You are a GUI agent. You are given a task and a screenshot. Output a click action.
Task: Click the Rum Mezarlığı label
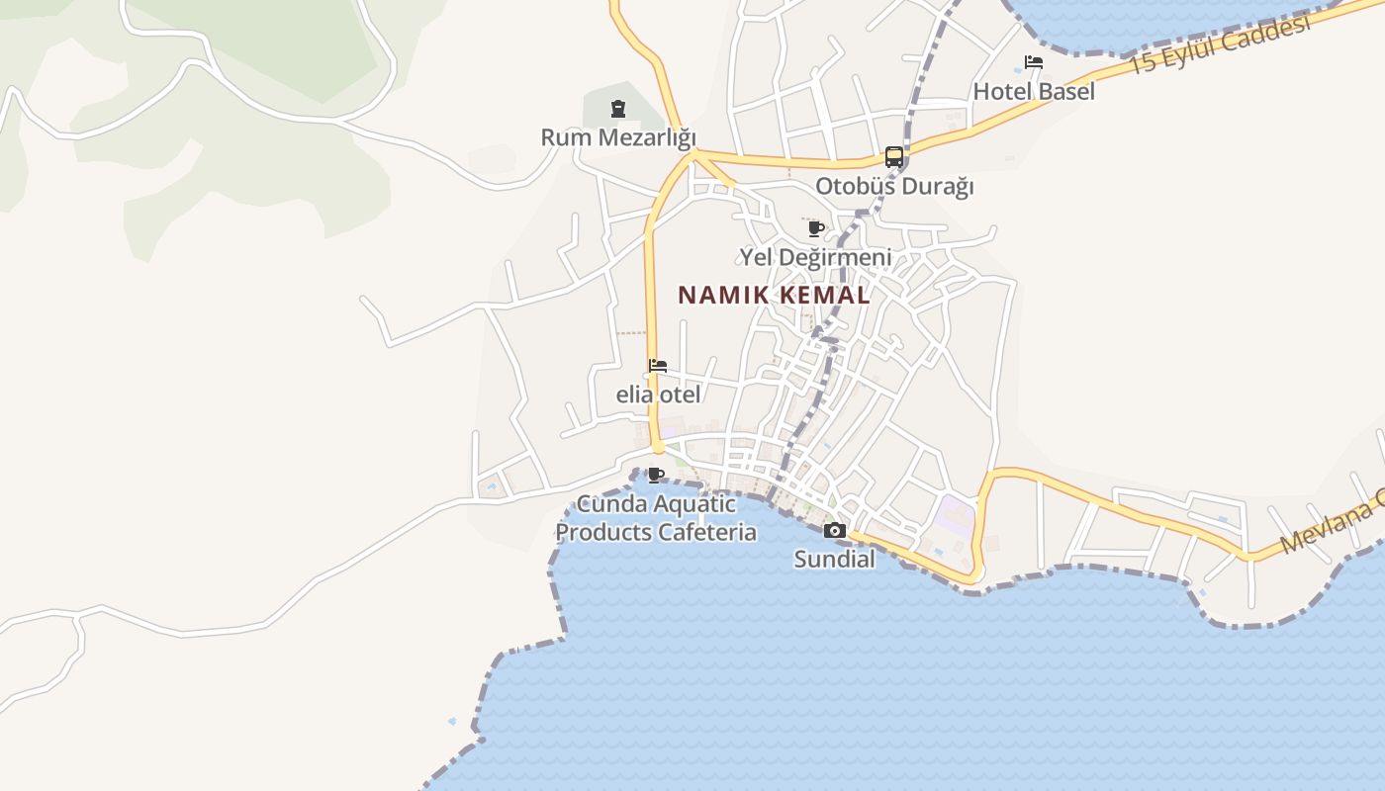(618, 137)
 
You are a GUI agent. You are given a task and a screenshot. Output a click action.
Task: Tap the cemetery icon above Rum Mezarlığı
(618, 109)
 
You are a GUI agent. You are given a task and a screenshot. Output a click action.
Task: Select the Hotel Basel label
(1034, 92)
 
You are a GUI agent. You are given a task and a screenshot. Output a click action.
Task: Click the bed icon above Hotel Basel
(1034, 62)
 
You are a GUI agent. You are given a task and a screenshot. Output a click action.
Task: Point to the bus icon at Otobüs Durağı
(893, 157)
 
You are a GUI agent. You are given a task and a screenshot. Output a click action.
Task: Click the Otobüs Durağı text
(894, 186)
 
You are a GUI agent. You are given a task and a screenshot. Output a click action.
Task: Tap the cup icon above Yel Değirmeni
(816, 229)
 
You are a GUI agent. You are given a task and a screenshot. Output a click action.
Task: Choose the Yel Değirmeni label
(816, 257)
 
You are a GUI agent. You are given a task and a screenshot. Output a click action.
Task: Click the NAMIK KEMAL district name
(774, 295)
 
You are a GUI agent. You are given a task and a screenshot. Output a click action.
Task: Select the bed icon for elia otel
(658, 366)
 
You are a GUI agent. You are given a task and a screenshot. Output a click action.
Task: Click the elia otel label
(658, 395)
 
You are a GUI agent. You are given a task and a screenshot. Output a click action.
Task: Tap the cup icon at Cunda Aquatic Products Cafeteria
(655, 476)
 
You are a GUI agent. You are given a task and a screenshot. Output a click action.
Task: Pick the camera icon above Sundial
(834, 531)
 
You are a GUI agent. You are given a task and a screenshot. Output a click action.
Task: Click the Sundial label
(834, 560)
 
